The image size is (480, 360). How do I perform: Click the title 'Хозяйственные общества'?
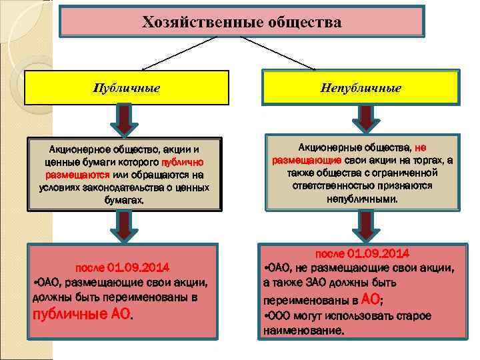click(241, 22)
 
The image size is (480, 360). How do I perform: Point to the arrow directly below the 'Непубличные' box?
click(364, 119)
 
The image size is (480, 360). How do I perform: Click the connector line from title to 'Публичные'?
click(180, 53)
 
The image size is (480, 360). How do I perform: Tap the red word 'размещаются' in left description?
click(69, 174)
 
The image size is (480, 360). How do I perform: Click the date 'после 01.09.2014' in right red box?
click(363, 254)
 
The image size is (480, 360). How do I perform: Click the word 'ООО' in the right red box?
click(279, 316)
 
